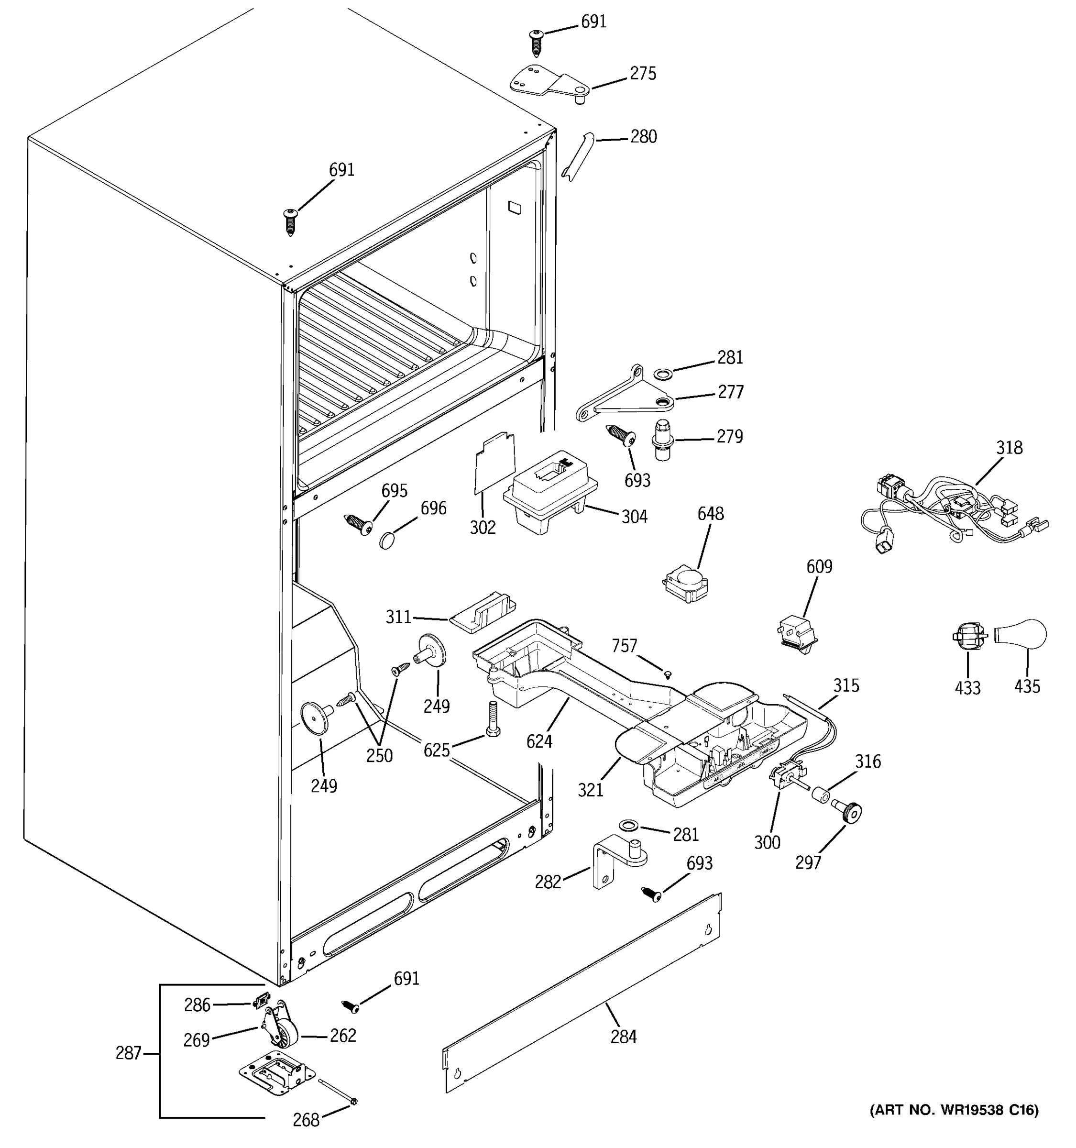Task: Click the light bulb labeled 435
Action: [x=1023, y=635]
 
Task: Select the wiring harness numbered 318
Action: [x=953, y=508]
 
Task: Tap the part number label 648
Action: [x=710, y=513]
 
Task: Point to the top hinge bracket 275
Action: [x=549, y=84]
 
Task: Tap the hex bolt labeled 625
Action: [x=493, y=718]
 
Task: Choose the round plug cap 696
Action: [x=388, y=541]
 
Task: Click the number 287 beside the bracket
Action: [x=128, y=1053]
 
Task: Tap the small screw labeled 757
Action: [x=669, y=673]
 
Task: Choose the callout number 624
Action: [x=539, y=741]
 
